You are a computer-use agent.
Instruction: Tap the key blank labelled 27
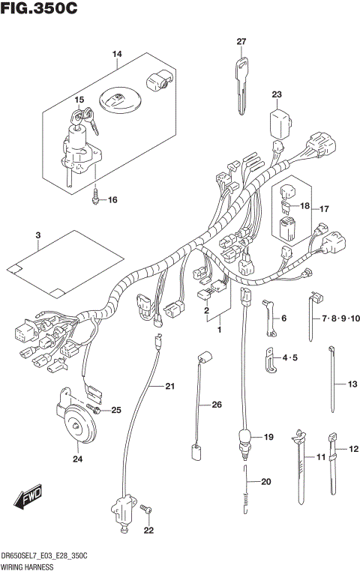241,82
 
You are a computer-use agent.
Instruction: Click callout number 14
117,54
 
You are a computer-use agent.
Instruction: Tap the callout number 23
277,94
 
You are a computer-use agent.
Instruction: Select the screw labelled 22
147,512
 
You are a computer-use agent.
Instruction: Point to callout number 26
217,405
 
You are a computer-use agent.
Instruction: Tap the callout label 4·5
288,357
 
